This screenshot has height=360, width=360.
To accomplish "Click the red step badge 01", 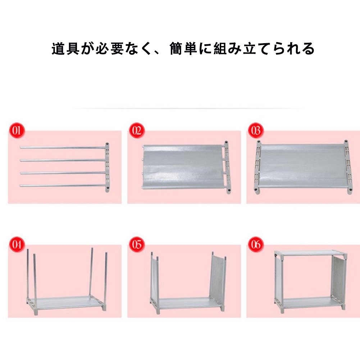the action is pos(17,131).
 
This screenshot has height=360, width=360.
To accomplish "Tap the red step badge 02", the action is pos(137,130).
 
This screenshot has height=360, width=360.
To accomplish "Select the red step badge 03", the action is pos(256,130).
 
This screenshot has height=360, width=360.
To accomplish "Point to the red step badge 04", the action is pos(17,244).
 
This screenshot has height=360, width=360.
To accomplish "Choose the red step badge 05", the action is pos(137,244).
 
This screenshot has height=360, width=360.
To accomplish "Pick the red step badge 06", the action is pos(256,244).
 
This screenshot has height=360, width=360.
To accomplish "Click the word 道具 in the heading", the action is pos(65,49).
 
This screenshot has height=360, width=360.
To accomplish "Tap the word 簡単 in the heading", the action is pos(183,49).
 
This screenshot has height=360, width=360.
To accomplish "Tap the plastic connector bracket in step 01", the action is pos(107,167).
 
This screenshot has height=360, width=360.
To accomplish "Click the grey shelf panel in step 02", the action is pos(183,167).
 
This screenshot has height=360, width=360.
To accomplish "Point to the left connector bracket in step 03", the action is pos(258,167).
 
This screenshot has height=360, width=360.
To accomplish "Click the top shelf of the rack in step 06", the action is pos(311,253).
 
